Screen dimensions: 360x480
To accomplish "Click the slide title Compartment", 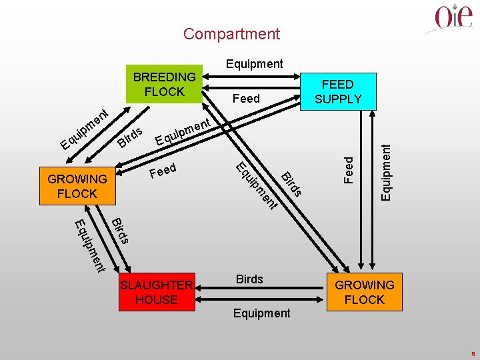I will tap(231, 34).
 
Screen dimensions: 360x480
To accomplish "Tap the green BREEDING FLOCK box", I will tap(164, 85).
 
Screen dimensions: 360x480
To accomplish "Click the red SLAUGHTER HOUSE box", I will tap(157, 292).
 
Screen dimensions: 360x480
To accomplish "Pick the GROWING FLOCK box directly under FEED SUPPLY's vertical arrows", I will tap(364, 292).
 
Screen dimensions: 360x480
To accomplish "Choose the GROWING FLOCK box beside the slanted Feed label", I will tap(77, 186).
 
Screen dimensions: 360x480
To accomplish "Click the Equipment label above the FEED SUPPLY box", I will tap(254, 64).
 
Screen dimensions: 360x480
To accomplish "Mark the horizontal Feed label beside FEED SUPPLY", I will tap(246, 99).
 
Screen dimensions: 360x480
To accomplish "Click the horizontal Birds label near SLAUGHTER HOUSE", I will tap(250, 279).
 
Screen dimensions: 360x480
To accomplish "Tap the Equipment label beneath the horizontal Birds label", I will tap(261, 313).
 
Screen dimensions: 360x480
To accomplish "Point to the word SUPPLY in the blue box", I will tap(338, 99).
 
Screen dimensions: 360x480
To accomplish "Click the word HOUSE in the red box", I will tap(156, 300).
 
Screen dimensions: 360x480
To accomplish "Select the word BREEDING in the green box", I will tap(164, 77).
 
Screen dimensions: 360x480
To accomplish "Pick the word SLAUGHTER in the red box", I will tap(157, 285).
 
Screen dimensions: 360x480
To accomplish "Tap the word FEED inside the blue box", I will tap(338, 85).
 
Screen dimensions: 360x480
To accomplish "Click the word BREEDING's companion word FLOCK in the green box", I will tap(164, 92).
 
